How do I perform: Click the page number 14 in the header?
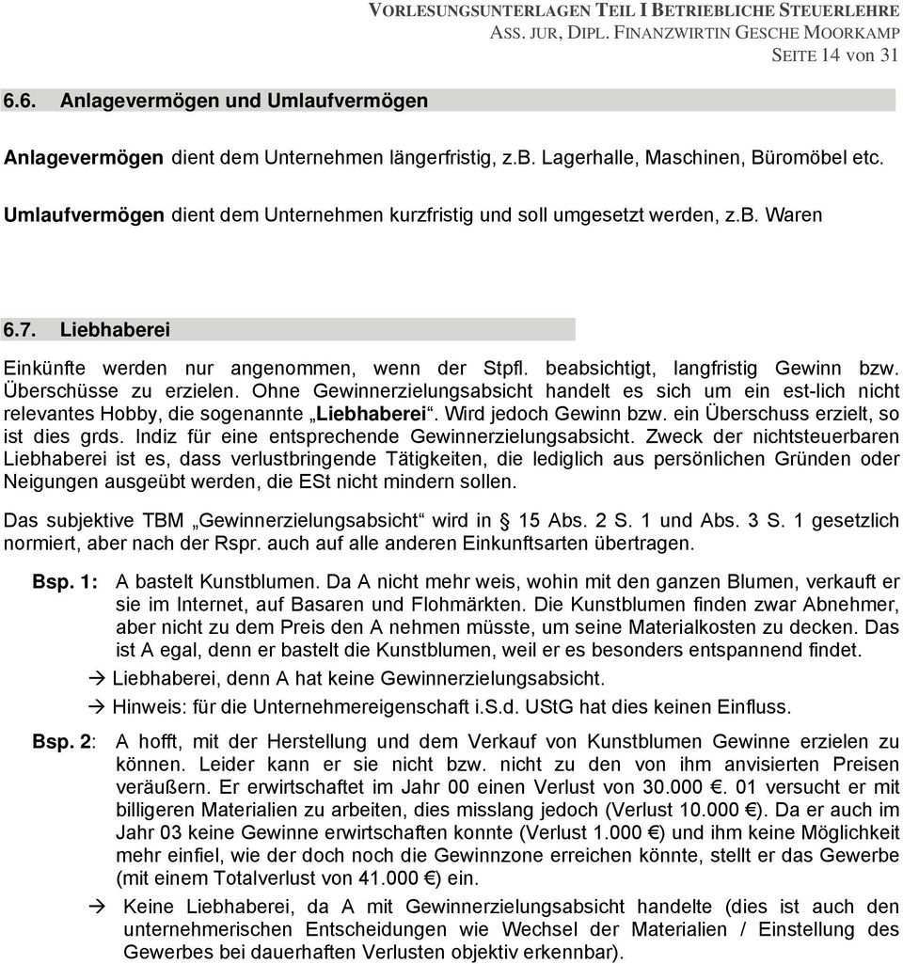pos(830,55)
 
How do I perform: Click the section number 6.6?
pos(21,100)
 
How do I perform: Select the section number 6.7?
pos(21,330)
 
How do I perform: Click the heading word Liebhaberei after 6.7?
pos(115,330)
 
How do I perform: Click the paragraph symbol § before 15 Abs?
pos(503,520)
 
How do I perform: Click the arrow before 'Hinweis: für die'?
pos(96,705)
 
